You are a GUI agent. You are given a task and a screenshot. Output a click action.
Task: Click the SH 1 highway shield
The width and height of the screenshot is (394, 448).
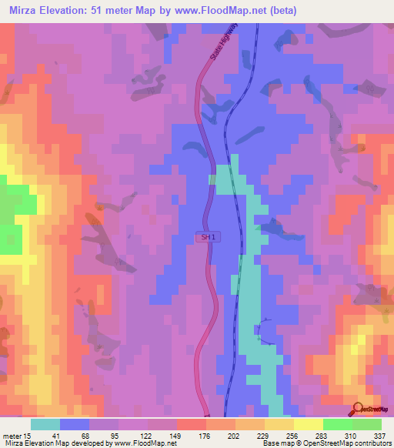[206, 239]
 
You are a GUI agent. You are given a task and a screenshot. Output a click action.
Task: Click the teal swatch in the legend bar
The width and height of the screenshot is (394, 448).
[45, 424]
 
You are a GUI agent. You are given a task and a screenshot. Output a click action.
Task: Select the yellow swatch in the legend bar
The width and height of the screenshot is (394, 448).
[308, 424]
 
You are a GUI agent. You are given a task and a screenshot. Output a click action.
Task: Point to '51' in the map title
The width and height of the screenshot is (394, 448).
[111, 11]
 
